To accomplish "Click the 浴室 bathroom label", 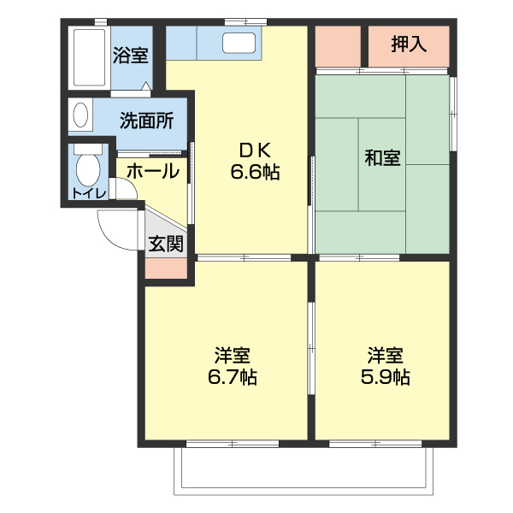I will tap(131, 56).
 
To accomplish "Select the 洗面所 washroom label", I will tap(146, 120).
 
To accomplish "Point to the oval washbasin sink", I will tap(80, 115).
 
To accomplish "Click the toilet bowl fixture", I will tap(86, 166).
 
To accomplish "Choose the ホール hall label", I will tap(154, 171).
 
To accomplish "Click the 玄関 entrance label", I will tap(166, 245).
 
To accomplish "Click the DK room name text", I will tap(256, 147).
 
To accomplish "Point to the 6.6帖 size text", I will tap(256, 171).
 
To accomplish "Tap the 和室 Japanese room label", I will tap(382, 158).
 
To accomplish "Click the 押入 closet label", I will tap(409, 44).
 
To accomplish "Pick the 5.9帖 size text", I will tap(386, 375).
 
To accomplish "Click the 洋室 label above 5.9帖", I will tap(386, 353).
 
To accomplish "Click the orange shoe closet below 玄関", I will tap(166, 268).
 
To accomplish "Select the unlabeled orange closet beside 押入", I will tap(339, 46).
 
